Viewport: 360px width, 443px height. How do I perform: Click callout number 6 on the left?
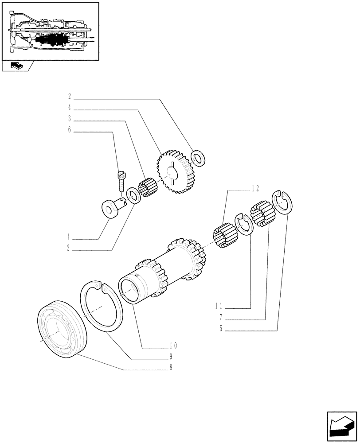[70, 130]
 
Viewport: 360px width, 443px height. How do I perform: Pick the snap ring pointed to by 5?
[283, 202]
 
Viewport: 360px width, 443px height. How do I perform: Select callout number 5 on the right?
[220, 329]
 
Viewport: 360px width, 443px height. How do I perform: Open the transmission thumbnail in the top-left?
[50, 31]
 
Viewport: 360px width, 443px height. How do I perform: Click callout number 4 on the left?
[70, 108]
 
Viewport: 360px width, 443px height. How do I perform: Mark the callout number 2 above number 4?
[70, 96]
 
